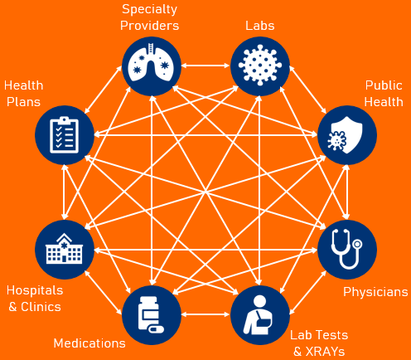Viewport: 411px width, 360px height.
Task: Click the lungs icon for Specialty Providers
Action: point(151,62)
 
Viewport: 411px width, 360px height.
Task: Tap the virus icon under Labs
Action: point(260,66)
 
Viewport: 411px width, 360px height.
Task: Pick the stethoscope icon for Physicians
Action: point(346,249)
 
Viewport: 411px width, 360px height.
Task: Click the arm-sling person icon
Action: point(258,314)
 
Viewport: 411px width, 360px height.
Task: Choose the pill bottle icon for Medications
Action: point(151,314)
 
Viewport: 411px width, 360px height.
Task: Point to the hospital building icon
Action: point(64,248)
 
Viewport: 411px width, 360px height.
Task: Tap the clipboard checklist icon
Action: point(64,134)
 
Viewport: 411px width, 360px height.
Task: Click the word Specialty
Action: point(149,10)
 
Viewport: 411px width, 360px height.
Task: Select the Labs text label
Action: point(260,26)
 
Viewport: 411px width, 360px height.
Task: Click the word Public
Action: point(384,85)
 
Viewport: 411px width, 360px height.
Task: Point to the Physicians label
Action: point(375,292)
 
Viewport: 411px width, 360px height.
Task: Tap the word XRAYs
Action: point(325,352)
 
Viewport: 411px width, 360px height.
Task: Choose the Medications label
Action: point(89,343)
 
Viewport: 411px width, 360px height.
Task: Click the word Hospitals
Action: point(35,290)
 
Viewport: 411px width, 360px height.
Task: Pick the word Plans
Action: point(23,102)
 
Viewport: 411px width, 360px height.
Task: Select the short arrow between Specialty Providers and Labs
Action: point(205,66)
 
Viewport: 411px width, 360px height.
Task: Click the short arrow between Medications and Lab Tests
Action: point(205,314)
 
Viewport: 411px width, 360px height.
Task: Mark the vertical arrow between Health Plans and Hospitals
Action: point(64,192)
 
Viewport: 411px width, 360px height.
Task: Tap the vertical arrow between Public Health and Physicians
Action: point(347,192)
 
